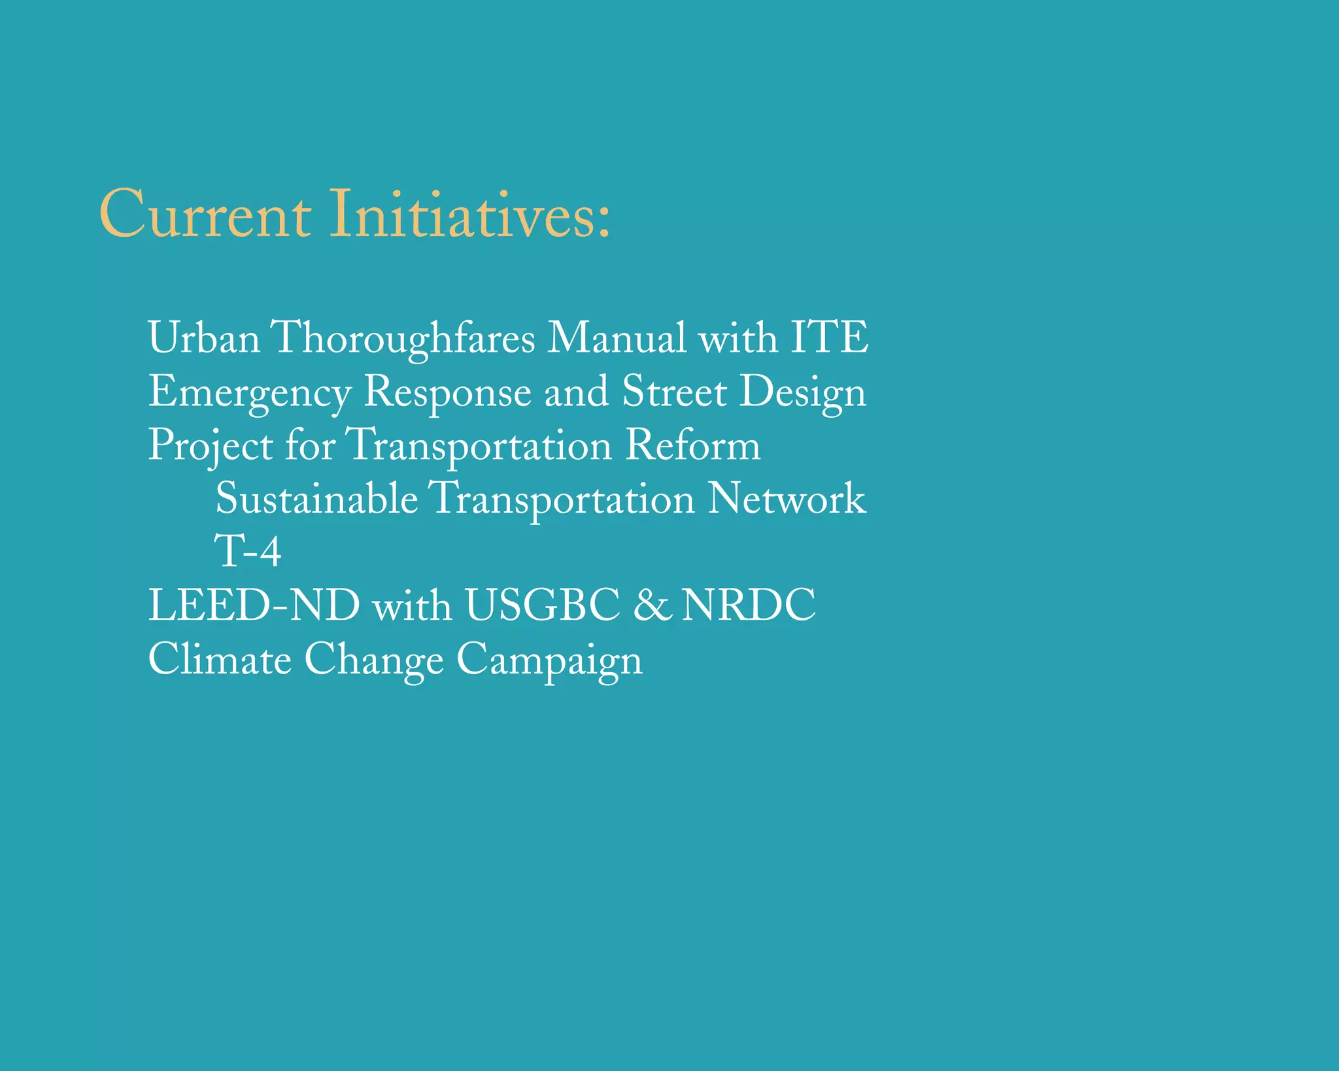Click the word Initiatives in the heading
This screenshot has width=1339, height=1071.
point(461,214)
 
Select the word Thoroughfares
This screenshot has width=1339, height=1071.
point(403,339)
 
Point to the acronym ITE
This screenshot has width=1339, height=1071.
point(829,338)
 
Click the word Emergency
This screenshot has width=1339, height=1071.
point(250,392)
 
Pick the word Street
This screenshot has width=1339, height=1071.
point(674,392)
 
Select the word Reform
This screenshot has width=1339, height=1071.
point(693,446)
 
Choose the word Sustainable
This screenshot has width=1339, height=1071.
point(316,500)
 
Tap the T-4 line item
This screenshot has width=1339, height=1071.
point(248,552)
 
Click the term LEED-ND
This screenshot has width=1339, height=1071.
point(254,605)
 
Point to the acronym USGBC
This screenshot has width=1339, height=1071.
point(542,605)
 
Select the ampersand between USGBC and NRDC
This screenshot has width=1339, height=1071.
point(651,606)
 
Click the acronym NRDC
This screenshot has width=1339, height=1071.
point(749,605)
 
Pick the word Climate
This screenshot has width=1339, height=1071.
point(220,659)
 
